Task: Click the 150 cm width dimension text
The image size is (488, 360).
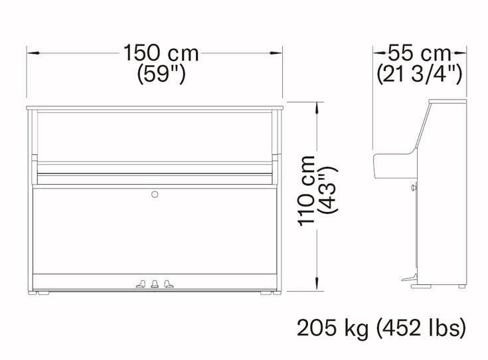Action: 161,53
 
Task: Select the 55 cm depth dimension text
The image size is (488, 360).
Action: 419,53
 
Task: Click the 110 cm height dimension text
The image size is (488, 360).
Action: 306,191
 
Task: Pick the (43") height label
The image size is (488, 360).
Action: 327,190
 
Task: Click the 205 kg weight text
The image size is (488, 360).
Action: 333,327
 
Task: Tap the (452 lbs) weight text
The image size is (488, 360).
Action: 422,327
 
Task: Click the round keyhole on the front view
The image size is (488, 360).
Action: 155,195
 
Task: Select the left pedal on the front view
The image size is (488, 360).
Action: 141,284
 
